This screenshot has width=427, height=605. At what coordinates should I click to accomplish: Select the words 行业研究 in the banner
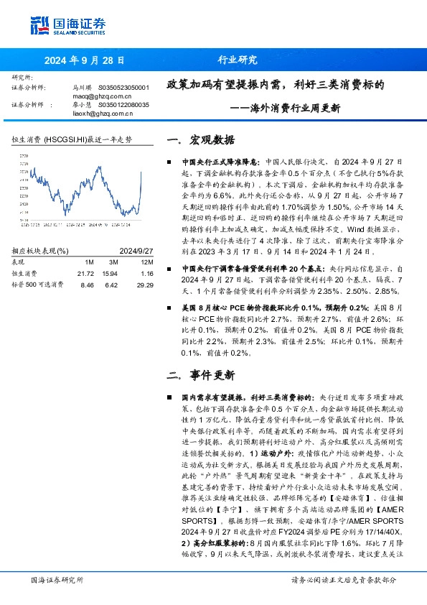pyautogui.click(x=238, y=61)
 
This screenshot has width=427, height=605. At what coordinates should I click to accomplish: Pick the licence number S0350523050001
pyautogui.click(x=123, y=87)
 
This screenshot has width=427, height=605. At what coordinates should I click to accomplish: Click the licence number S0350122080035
pyautogui.click(x=123, y=104)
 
